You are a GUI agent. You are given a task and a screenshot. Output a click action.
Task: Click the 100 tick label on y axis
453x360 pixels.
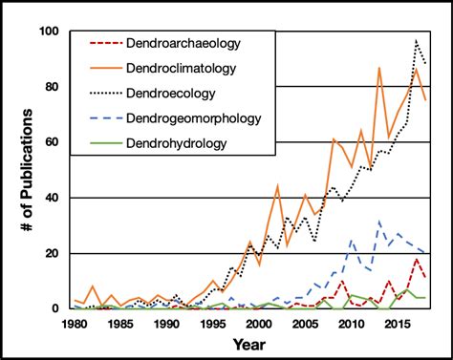coord(46,32)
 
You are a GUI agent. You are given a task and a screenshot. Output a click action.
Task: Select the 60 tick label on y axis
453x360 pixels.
coord(50,142)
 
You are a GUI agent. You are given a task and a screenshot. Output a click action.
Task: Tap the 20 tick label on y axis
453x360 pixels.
coord(50,253)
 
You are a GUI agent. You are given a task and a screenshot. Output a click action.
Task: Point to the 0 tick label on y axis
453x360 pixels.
coord(54,308)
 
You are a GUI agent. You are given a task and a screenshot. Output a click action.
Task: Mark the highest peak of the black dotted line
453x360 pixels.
coord(416,40)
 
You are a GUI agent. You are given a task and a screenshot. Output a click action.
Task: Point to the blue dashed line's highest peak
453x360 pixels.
coord(380,222)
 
